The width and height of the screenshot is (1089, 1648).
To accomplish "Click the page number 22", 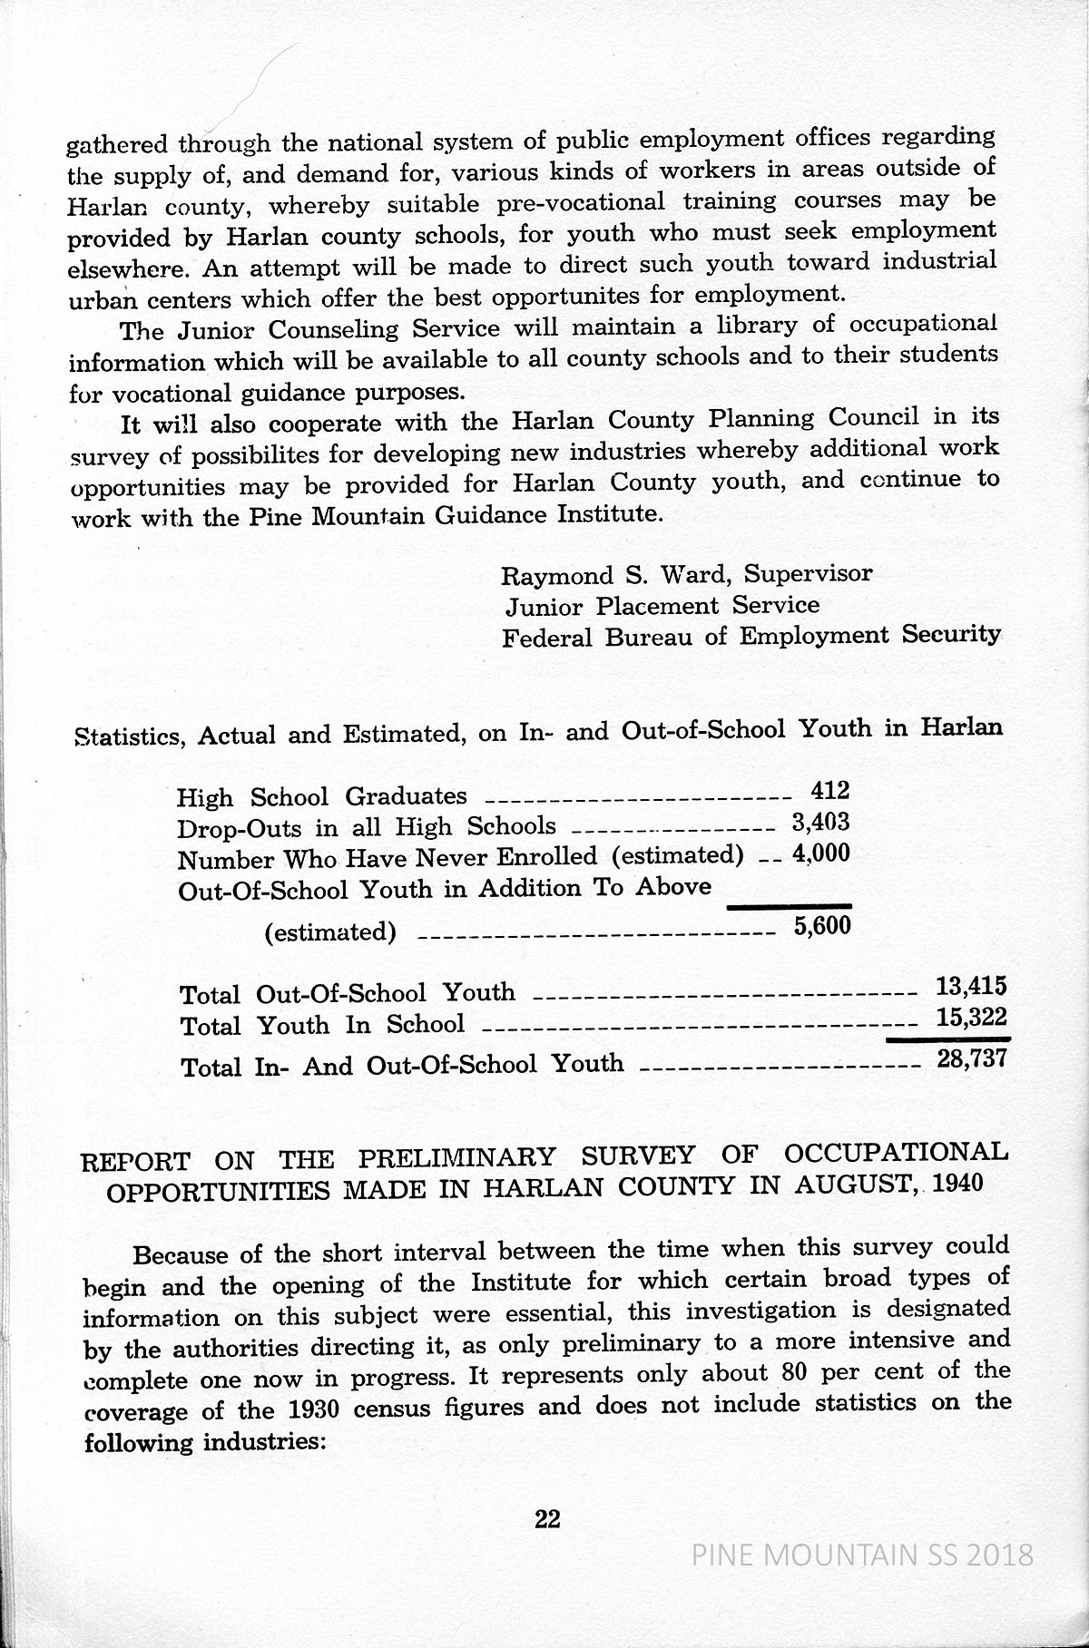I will tap(547, 1518).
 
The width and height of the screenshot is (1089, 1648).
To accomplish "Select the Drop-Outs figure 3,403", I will tap(820, 822).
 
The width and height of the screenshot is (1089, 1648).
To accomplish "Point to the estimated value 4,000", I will tap(820, 853).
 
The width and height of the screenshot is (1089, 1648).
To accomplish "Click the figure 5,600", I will tap(821, 927).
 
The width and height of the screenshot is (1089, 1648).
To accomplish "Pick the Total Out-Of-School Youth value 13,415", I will tap(971, 986).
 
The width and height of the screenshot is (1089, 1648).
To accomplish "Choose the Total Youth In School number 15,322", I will tap(971, 1018).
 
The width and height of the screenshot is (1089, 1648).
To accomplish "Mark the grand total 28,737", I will tap(971, 1058).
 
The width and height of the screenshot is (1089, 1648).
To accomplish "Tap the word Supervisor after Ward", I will tap(809, 573).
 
